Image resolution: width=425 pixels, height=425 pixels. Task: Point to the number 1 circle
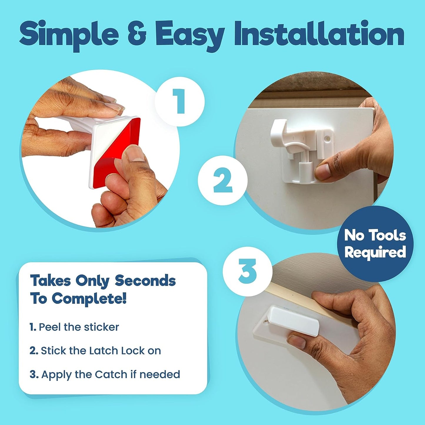tap(179, 101)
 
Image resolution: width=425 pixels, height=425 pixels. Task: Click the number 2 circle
tap(223, 180)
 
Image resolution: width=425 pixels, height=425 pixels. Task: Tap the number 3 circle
tap(247, 271)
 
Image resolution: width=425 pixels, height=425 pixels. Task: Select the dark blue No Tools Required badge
tap(375, 244)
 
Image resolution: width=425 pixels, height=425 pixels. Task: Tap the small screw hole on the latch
tap(327, 138)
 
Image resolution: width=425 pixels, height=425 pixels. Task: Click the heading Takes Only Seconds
tap(103, 281)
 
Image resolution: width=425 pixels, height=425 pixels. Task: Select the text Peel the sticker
tap(79, 327)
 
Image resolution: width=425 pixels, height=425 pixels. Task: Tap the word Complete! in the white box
tap(89, 299)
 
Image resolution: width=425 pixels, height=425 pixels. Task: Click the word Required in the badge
tap(375, 252)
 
